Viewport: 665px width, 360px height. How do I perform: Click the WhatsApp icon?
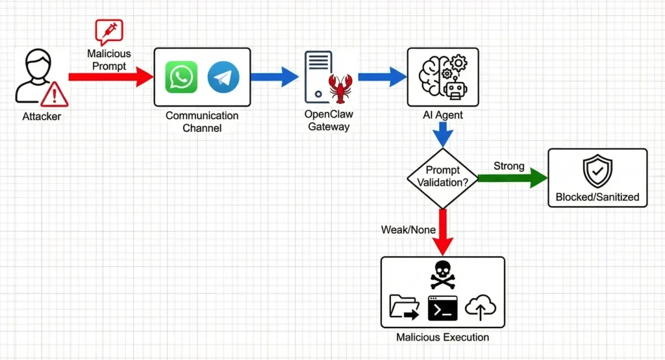click(181, 77)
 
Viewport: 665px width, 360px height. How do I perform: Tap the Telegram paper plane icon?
click(223, 77)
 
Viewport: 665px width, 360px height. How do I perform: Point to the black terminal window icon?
click(442, 308)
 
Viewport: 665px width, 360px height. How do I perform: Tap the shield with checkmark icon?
click(597, 171)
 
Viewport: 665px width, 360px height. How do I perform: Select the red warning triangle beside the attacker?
click(54, 96)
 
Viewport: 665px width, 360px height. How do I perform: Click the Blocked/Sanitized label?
click(597, 197)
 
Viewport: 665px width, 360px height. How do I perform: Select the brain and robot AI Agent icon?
click(442, 77)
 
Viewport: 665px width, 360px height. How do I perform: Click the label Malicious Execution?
click(442, 337)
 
